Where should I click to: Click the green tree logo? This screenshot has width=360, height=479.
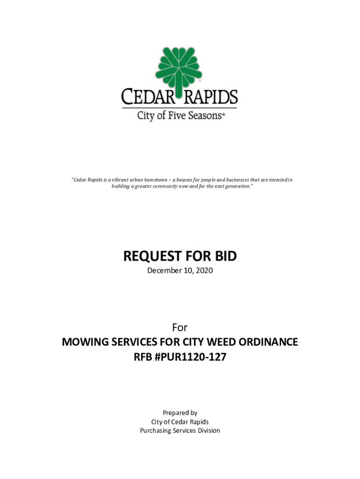(180, 66)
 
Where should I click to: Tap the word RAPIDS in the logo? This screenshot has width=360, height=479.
(210, 98)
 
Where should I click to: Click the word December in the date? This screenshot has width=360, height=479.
(164, 271)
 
